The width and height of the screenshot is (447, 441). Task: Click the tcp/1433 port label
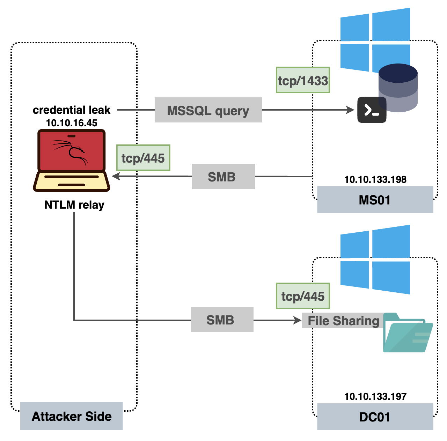(303, 80)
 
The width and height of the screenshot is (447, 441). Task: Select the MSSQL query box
(208, 110)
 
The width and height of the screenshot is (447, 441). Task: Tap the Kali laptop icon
(72, 160)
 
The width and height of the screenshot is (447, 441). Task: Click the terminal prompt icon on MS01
(372, 110)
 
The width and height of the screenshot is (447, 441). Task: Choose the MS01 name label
(375, 200)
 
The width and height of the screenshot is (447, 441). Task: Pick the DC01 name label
(375, 417)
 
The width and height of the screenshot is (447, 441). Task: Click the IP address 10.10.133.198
(375, 179)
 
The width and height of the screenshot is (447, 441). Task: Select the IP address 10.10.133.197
(375, 396)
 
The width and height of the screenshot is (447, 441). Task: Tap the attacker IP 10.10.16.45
(72, 123)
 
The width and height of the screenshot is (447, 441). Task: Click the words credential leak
(72, 110)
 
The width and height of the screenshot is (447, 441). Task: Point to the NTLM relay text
(74, 205)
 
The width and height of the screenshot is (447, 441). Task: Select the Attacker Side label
(72, 416)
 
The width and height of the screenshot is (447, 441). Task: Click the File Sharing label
(344, 321)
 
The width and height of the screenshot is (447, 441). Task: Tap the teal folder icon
(408, 333)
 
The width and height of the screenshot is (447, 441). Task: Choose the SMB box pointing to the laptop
(223, 177)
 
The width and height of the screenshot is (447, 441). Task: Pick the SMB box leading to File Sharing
(222, 320)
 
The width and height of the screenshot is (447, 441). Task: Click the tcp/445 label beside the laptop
(143, 158)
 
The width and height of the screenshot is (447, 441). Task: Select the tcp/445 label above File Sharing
(303, 296)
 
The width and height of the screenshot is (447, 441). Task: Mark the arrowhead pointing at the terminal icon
(350, 110)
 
